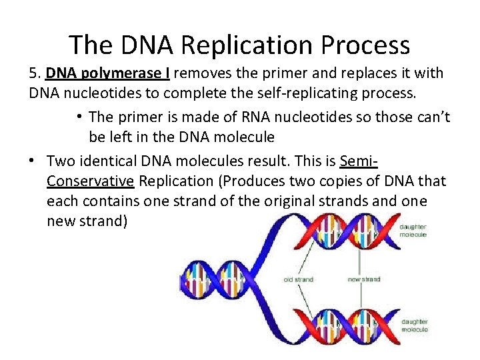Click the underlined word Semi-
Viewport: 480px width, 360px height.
tap(359, 161)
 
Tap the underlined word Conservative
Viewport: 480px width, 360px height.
tap(91, 181)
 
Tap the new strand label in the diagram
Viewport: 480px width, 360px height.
tap(363, 280)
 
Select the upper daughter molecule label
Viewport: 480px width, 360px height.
tap(413, 231)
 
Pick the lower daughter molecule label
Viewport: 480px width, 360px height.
tap(413, 325)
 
